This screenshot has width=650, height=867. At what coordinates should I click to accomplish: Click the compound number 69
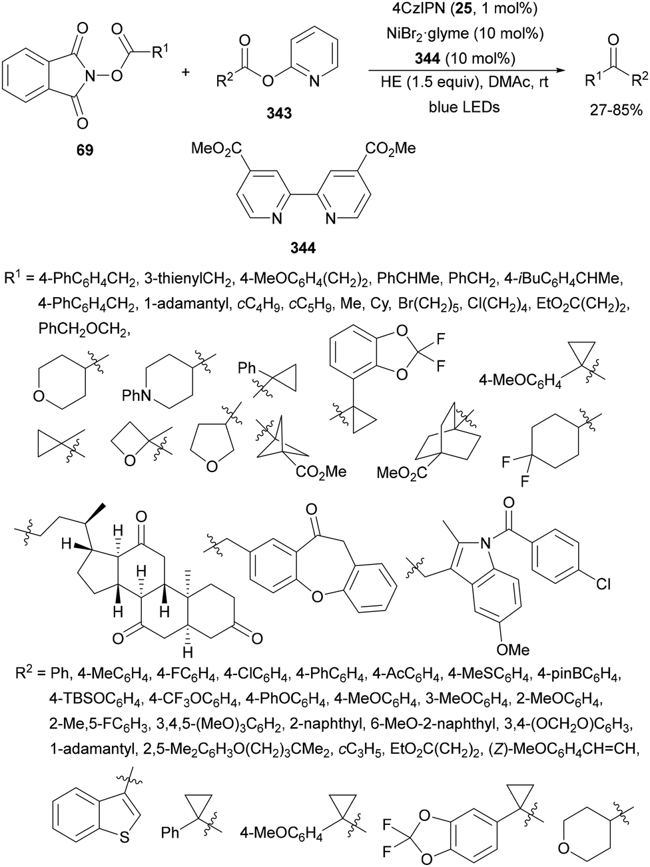(84, 150)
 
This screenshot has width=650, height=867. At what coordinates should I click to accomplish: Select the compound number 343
(278, 113)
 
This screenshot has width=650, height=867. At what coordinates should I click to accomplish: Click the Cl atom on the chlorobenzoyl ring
(603, 585)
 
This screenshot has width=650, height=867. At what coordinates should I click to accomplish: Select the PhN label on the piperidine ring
(136, 397)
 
